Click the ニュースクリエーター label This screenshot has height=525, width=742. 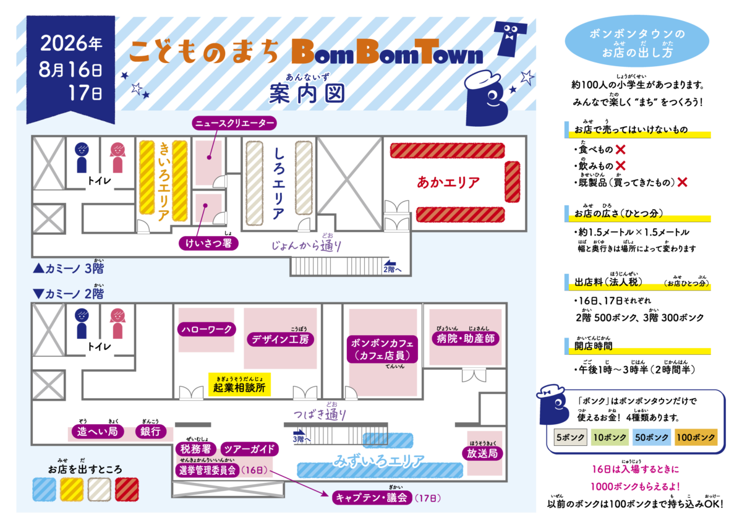[234, 123]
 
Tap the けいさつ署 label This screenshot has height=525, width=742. [209, 244]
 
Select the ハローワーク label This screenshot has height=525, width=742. [207, 329]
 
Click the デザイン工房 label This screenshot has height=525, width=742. [280, 339]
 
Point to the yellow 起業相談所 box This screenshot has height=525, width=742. [239, 385]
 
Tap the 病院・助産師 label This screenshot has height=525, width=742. [466, 338]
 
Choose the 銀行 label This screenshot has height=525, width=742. [151, 431]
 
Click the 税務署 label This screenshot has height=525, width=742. [196, 449]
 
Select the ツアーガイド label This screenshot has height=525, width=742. [249, 449]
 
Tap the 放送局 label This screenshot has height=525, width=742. [482, 453]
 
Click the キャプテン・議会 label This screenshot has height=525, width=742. [372, 498]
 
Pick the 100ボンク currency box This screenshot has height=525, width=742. [696, 437]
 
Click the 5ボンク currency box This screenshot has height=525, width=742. [570, 437]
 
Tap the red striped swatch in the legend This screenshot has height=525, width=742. [127, 489]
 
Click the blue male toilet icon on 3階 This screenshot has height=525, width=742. [82, 158]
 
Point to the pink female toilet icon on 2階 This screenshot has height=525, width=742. [117, 323]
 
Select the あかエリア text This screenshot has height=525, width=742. [448, 182]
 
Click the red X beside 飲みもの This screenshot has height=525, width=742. [620, 166]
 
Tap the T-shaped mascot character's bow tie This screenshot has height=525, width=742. [508, 38]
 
